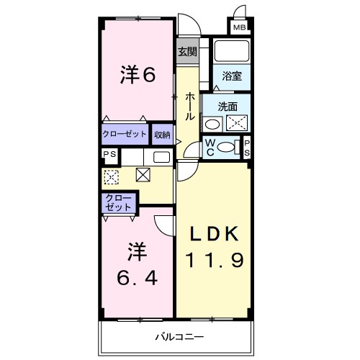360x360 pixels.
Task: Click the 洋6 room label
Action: tap(138, 73)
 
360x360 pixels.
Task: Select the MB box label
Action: tap(239, 28)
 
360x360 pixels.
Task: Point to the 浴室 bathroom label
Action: tap(231, 74)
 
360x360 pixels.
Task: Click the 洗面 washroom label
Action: tap(228, 106)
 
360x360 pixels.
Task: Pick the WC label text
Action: tap(210, 147)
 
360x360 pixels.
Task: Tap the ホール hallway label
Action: tap(190, 106)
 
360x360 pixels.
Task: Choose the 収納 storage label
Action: tap(162, 135)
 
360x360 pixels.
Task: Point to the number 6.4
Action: tap(137, 276)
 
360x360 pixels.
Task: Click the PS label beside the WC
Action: tap(247, 147)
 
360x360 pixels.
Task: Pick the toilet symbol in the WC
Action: tap(228, 147)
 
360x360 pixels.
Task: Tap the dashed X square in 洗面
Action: tap(237, 122)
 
